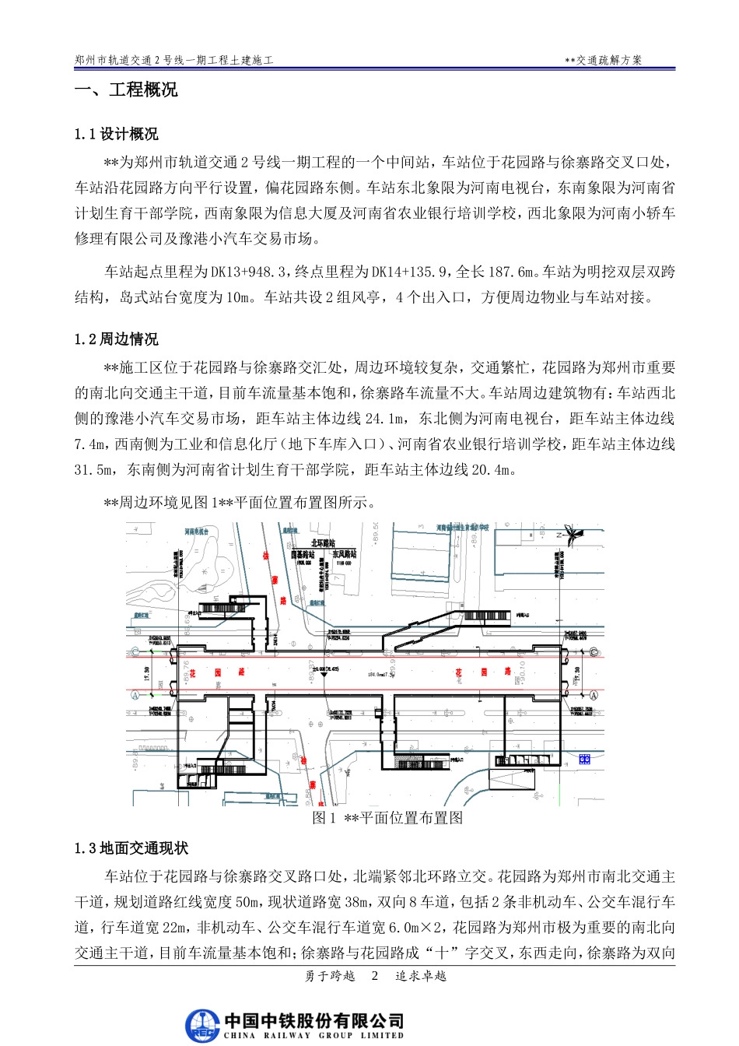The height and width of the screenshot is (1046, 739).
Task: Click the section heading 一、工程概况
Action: coord(126,90)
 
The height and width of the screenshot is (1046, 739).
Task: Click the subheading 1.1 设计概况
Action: coord(117,135)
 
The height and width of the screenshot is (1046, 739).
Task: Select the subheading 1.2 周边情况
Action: coord(117,339)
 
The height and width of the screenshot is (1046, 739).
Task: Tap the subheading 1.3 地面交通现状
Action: coord(131,848)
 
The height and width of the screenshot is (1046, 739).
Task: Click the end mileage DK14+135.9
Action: coord(410,272)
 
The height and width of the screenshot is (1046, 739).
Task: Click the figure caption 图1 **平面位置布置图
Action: coord(387,818)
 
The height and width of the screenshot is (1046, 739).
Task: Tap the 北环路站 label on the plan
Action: coord(323,543)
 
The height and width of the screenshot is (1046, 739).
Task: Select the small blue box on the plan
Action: coord(584,759)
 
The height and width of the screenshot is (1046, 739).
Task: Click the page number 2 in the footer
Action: coord(375,976)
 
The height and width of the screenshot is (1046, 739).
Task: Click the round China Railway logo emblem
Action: coord(202,1025)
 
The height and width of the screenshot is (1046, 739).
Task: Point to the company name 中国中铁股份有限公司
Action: coord(314,1020)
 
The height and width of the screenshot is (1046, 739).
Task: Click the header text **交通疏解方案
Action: coord(604,60)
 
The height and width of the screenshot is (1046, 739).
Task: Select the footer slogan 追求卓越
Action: coord(421,976)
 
